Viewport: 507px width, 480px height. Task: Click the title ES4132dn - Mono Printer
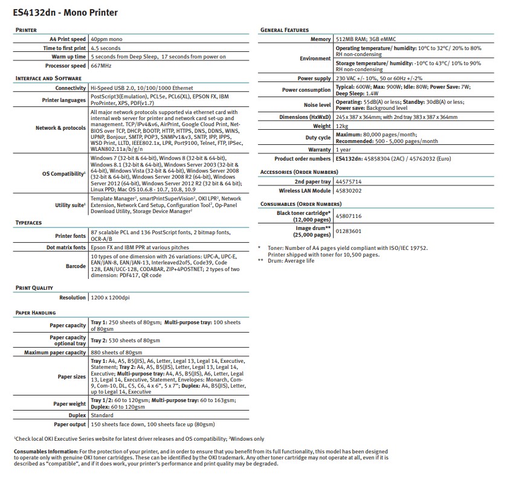click(x=65, y=12)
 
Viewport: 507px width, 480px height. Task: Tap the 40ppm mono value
click(x=108, y=39)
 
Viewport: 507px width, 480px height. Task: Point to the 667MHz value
click(x=102, y=66)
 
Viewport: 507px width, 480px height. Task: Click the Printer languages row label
click(x=63, y=100)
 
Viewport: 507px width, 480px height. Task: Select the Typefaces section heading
click(x=28, y=223)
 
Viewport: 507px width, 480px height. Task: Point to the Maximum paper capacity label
click(x=55, y=353)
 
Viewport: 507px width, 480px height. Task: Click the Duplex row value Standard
click(x=102, y=415)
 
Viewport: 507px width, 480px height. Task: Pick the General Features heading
click(x=284, y=30)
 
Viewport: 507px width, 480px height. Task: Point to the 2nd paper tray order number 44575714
click(x=349, y=181)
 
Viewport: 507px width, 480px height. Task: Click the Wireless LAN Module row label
click(x=304, y=190)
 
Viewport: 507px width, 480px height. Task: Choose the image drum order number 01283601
click(x=349, y=231)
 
